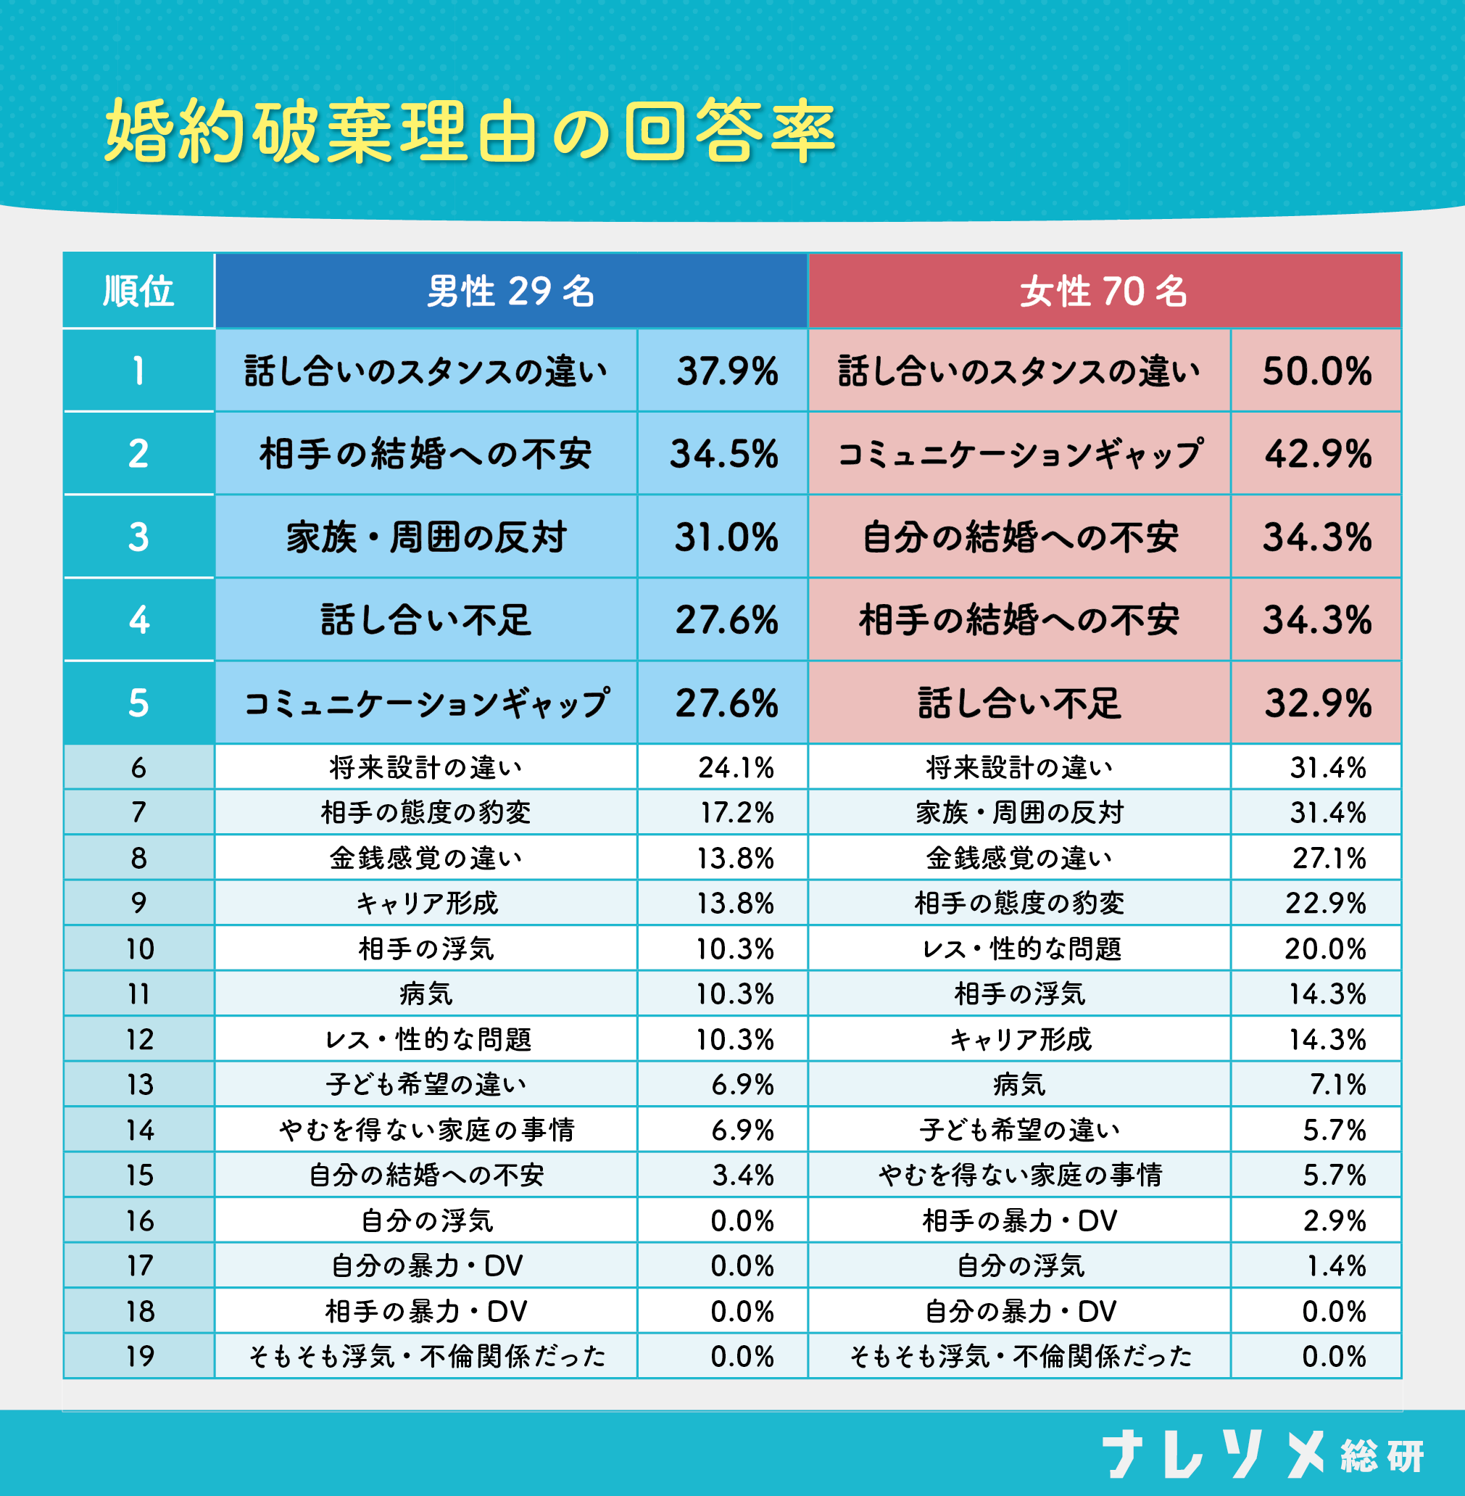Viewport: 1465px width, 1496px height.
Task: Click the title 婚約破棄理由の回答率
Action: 470,131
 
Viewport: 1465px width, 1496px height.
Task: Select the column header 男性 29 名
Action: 511,292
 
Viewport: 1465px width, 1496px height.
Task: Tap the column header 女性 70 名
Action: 1104,292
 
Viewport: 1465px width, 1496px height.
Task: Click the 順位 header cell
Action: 138,292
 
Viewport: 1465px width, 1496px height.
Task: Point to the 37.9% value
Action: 727,372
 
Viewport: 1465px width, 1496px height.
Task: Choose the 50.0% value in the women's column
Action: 1316,372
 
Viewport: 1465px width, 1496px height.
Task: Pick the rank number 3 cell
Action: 138,537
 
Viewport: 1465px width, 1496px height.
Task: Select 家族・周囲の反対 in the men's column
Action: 426,537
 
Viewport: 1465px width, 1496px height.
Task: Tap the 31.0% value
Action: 726,537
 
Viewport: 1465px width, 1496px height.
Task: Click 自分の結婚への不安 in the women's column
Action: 1020,537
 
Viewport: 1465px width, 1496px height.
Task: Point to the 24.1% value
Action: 736,768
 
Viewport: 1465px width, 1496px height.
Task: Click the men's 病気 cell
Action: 426,994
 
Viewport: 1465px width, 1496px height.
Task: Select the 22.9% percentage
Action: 1325,904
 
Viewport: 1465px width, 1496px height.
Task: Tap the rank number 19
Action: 140,1357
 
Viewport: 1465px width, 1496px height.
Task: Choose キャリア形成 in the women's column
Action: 1020,1040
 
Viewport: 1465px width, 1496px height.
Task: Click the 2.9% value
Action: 1335,1221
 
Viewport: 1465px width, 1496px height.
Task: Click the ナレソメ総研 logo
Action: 1262,1455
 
